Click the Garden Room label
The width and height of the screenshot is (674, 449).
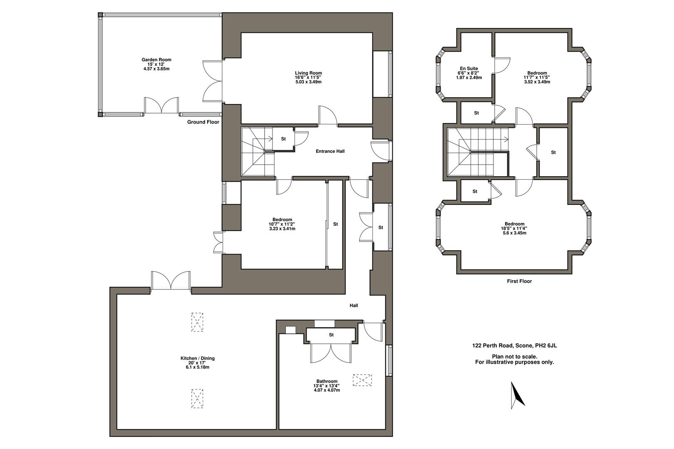coord(156,59)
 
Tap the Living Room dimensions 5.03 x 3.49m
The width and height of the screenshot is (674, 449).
coord(308,82)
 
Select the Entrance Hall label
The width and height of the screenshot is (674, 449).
coord(330,151)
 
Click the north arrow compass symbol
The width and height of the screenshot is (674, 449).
coord(517,395)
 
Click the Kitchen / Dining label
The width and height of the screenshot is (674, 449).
coord(197,358)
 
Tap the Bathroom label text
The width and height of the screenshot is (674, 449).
coord(327,381)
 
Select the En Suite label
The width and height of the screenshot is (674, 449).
coord(469,68)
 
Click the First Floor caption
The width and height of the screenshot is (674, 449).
coord(519,281)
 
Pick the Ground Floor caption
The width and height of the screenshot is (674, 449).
coord(203,122)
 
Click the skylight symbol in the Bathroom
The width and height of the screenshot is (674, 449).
coord(362,380)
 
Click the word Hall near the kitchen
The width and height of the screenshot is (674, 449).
coord(354,305)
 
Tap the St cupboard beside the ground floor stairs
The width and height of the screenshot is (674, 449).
coord(283,139)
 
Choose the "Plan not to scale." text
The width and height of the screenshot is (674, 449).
coord(515,356)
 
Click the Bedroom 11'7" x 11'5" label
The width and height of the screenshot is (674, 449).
coord(537,77)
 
